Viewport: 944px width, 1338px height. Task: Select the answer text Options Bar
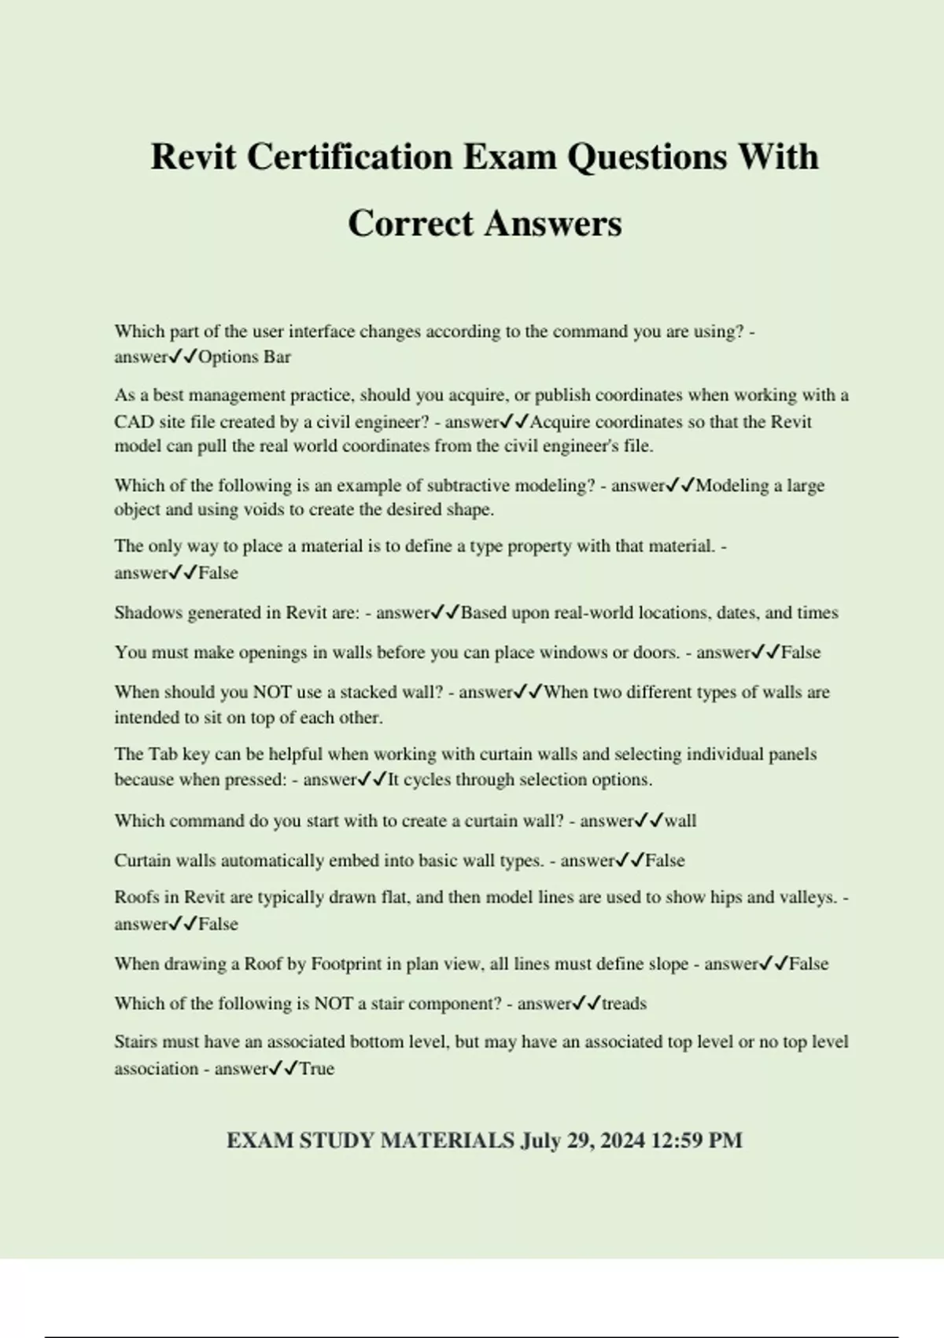[x=245, y=357]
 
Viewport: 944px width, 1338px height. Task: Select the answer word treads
[x=624, y=1004]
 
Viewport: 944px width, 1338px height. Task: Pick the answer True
[x=317, y=1069]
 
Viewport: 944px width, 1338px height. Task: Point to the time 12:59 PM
[x=697, y=1140]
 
